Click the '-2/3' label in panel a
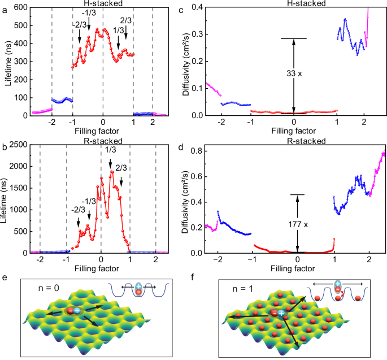pos(79,24)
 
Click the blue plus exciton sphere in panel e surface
pos(76,311)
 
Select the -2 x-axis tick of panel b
pos(40,259)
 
